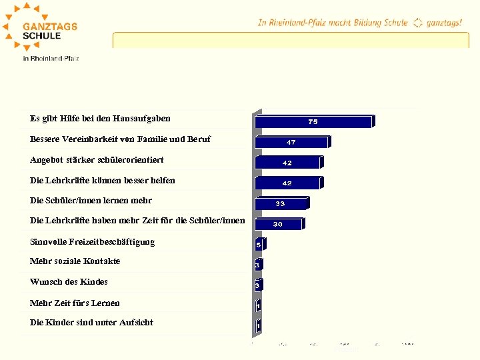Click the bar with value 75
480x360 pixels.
point(313,122)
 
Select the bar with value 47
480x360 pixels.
point(292,143)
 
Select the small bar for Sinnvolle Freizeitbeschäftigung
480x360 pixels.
point(259,245)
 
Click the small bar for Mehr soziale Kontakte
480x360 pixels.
point(257,265)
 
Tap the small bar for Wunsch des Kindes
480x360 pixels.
point(257,285)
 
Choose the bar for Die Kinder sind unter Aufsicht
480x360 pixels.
point(257,326)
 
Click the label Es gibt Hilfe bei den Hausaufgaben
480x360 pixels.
point(100,119)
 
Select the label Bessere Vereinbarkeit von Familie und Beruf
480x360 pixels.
point(120,139)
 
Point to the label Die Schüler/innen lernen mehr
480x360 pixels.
point(91,201)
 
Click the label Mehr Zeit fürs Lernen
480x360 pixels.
point(75,303)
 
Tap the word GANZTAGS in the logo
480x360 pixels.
point(50,27)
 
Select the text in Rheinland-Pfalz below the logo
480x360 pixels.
point(51,59)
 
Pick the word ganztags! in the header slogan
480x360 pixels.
point(444,23)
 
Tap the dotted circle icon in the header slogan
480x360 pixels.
point(417,23)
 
